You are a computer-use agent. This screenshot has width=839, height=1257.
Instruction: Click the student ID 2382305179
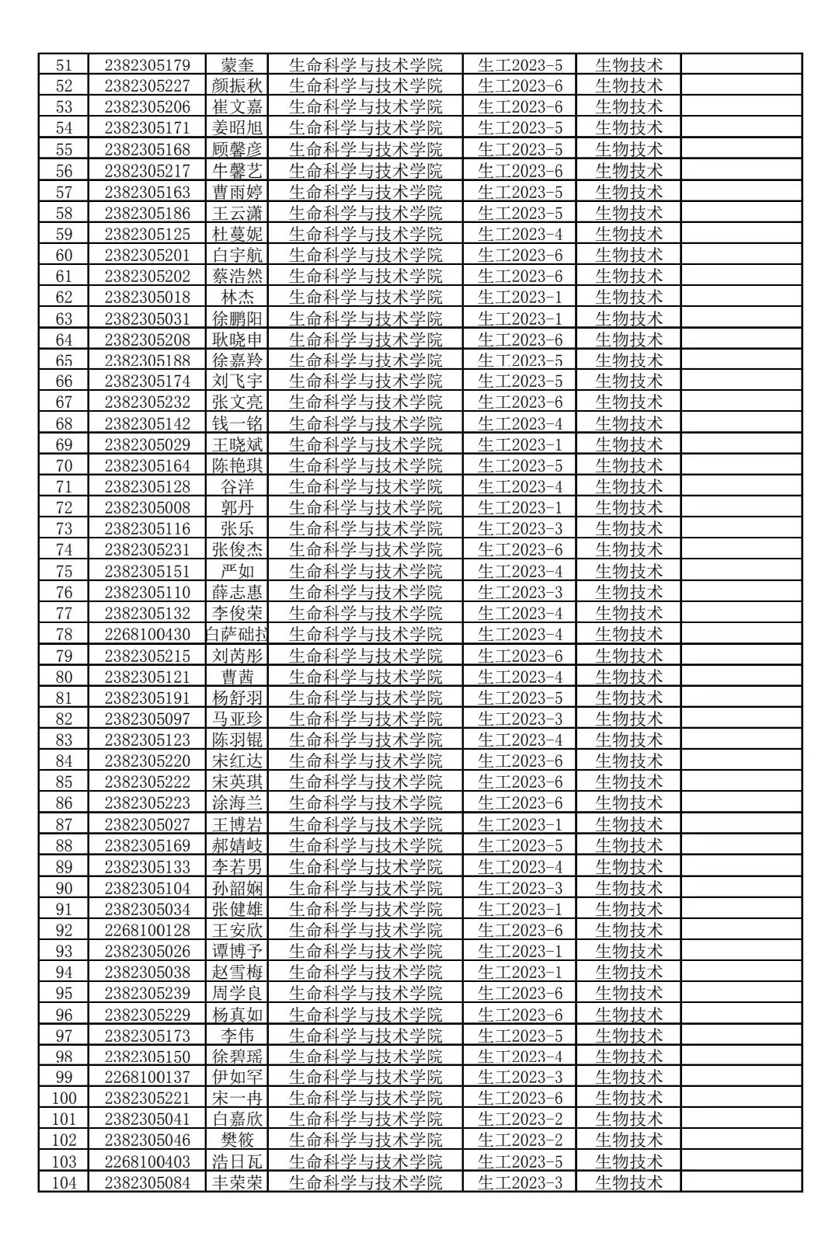tap(147, 64)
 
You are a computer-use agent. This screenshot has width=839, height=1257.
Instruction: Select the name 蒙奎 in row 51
tap(237, 64)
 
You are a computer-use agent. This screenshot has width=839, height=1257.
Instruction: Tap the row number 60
tap(64, 255)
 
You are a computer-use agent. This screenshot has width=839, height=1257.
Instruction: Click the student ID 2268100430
tap(147, 634)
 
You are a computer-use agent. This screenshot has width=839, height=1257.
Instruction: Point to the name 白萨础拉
tap(237, 634)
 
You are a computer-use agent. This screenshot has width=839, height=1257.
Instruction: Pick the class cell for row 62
tap(519, 297)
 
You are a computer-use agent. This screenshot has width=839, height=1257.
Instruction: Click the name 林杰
tap(237, 297)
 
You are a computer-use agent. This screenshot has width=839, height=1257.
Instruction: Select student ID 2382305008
tap(147, 507)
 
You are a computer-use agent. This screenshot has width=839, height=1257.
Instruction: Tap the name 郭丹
tap(237, 507)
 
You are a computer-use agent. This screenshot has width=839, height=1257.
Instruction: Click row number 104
tap(64, 1182)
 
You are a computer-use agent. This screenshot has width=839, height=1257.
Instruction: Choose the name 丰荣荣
tap(237, 1182)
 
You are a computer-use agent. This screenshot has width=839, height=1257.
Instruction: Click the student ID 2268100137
tap(147, 1077)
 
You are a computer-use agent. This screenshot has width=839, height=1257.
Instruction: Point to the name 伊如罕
tap(237, 1077)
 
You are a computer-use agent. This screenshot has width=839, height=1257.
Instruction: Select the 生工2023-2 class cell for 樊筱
tap(519, 1140)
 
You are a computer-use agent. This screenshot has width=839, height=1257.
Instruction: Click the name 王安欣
tap(237, 930)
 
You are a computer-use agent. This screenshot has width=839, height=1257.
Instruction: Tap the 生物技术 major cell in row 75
tap(628, 571)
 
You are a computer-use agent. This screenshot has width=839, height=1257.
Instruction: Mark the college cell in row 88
tap(365, 845)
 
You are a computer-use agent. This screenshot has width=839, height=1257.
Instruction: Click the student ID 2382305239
tap(147, 993)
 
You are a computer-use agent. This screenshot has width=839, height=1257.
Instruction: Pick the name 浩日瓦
tap(237, 1161)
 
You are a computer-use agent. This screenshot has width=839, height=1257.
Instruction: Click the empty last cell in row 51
tap(740, 64)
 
